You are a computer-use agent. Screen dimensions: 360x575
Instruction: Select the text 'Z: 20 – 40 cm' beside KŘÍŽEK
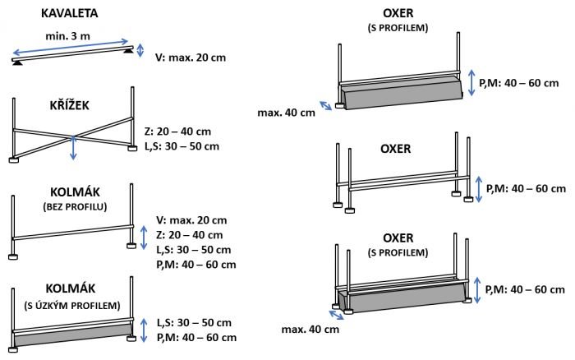pyautogui.click(x=187, y=132)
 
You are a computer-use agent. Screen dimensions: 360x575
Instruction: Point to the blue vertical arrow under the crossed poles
pyautogui.click(x=74, y=149)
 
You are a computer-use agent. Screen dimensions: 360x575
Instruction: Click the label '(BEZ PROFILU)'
pyautogui.click(x=71, y=206)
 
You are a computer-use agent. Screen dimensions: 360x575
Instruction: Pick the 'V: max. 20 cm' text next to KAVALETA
pyautogui.click(x=191, y=58)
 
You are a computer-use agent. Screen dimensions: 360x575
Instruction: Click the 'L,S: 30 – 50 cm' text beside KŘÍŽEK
pyautogui.click(x=193, y=146)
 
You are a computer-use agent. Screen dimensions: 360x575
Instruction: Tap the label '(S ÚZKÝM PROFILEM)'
pyautogui.click(x=71, y=306)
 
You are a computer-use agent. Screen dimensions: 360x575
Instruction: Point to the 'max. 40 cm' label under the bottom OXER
pyautogui.click(x=309, y=330)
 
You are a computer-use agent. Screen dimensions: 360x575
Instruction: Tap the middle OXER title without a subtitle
pyautogui.click(x=402, y=150)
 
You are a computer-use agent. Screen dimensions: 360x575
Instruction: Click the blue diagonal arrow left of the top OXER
pyautogui.click(x=327, y=105)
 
